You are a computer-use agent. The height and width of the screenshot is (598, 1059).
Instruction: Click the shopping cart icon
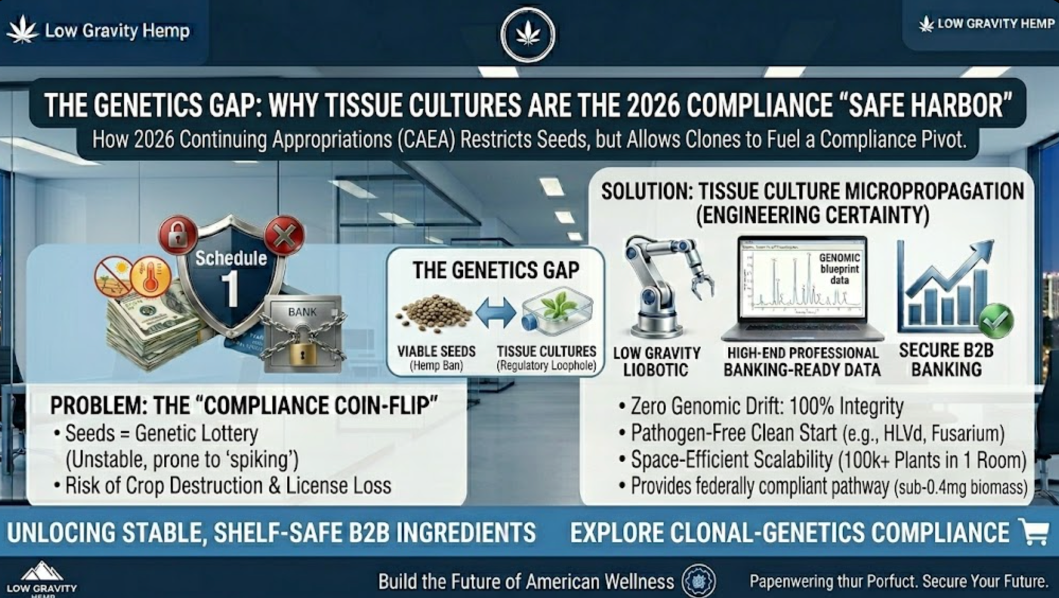(x=1034, y=532)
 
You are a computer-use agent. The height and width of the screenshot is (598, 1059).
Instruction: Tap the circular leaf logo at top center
(x=528, y=35)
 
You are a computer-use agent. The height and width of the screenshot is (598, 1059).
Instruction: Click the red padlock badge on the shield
(x=178, y=234)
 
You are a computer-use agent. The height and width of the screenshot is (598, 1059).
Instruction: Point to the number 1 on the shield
(x=230, y=289)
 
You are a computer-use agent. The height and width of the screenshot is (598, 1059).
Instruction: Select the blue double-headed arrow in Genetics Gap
(x=496, y=313)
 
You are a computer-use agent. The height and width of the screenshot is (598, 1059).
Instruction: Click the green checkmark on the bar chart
(x=995, y=321)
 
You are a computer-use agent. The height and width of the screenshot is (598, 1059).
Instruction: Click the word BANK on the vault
(x=302, y=312)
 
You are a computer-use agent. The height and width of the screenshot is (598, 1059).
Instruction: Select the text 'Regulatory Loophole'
(x=546, y=366)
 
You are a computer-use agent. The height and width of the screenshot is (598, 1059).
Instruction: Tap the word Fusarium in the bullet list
(x=965, y=434)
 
